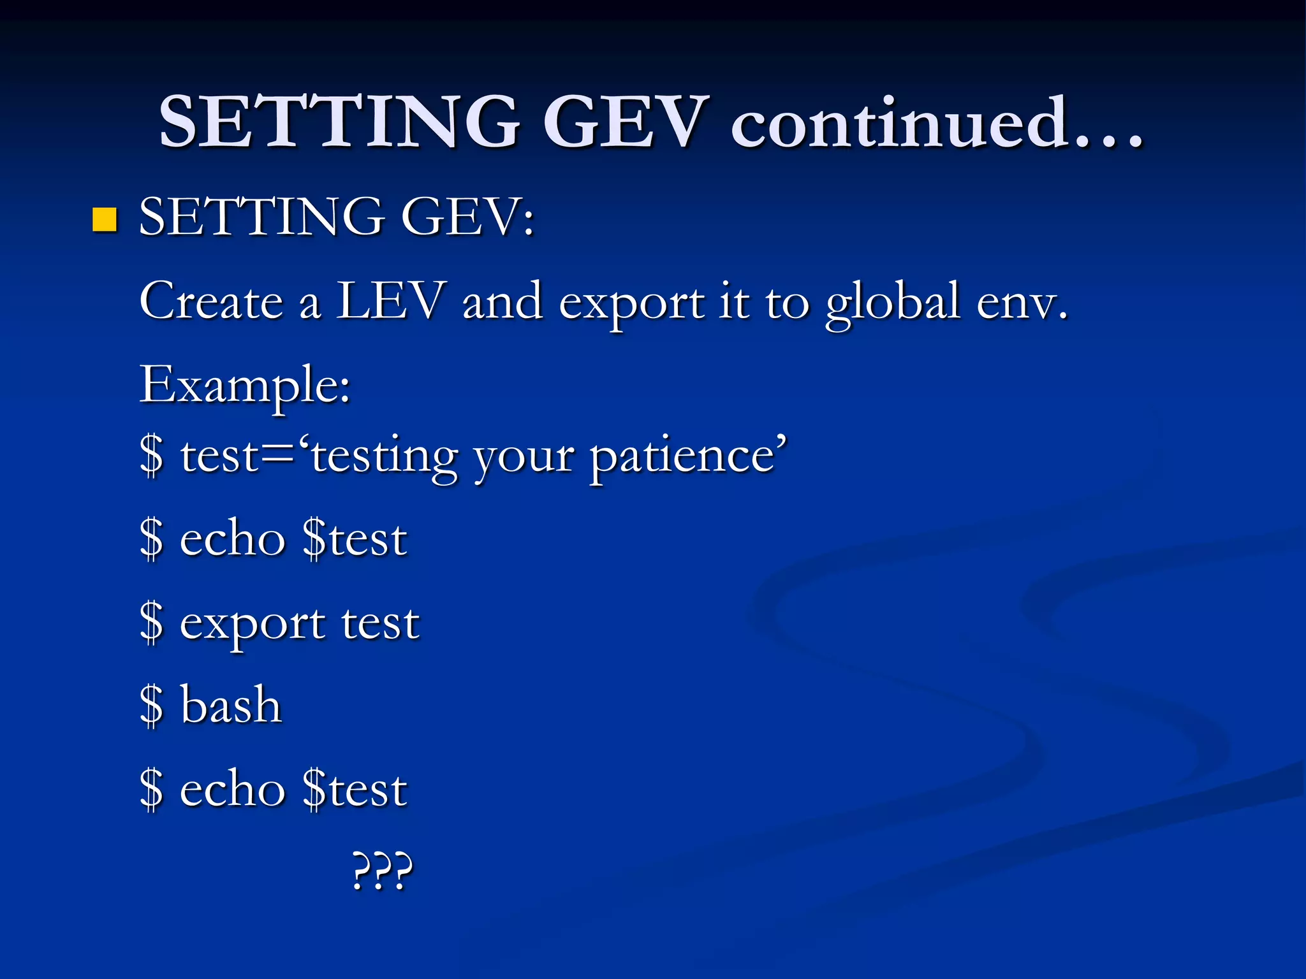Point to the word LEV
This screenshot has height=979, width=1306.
pos(390,301)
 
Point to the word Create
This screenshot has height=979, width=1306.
pos(211,301)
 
